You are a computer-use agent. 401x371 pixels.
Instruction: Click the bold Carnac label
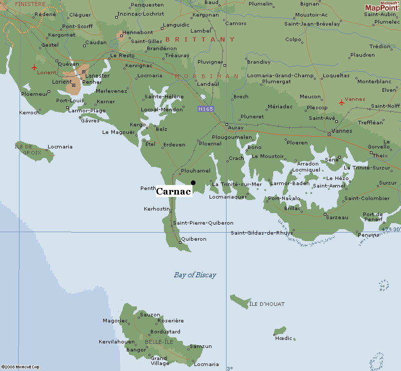coord(174,192)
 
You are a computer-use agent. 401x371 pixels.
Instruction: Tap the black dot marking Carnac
coord(193,182)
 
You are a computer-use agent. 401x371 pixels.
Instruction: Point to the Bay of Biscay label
coord(195,275)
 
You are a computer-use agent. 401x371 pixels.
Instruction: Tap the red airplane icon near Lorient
coord(34,67)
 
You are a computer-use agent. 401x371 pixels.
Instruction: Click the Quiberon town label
coord(194,239)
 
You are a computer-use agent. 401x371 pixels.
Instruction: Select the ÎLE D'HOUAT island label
coord(267,304)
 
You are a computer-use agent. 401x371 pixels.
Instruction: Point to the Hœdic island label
coord(283,338)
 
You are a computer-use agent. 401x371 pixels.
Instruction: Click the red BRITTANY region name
coord(200,39)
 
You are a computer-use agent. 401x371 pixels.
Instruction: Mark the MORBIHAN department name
coord(207,76)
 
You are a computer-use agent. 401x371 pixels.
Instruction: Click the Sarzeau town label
coord(336,218)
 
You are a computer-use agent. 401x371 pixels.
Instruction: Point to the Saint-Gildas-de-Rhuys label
coord(262,233)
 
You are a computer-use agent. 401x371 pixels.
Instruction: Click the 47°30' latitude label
coord(391,229)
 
